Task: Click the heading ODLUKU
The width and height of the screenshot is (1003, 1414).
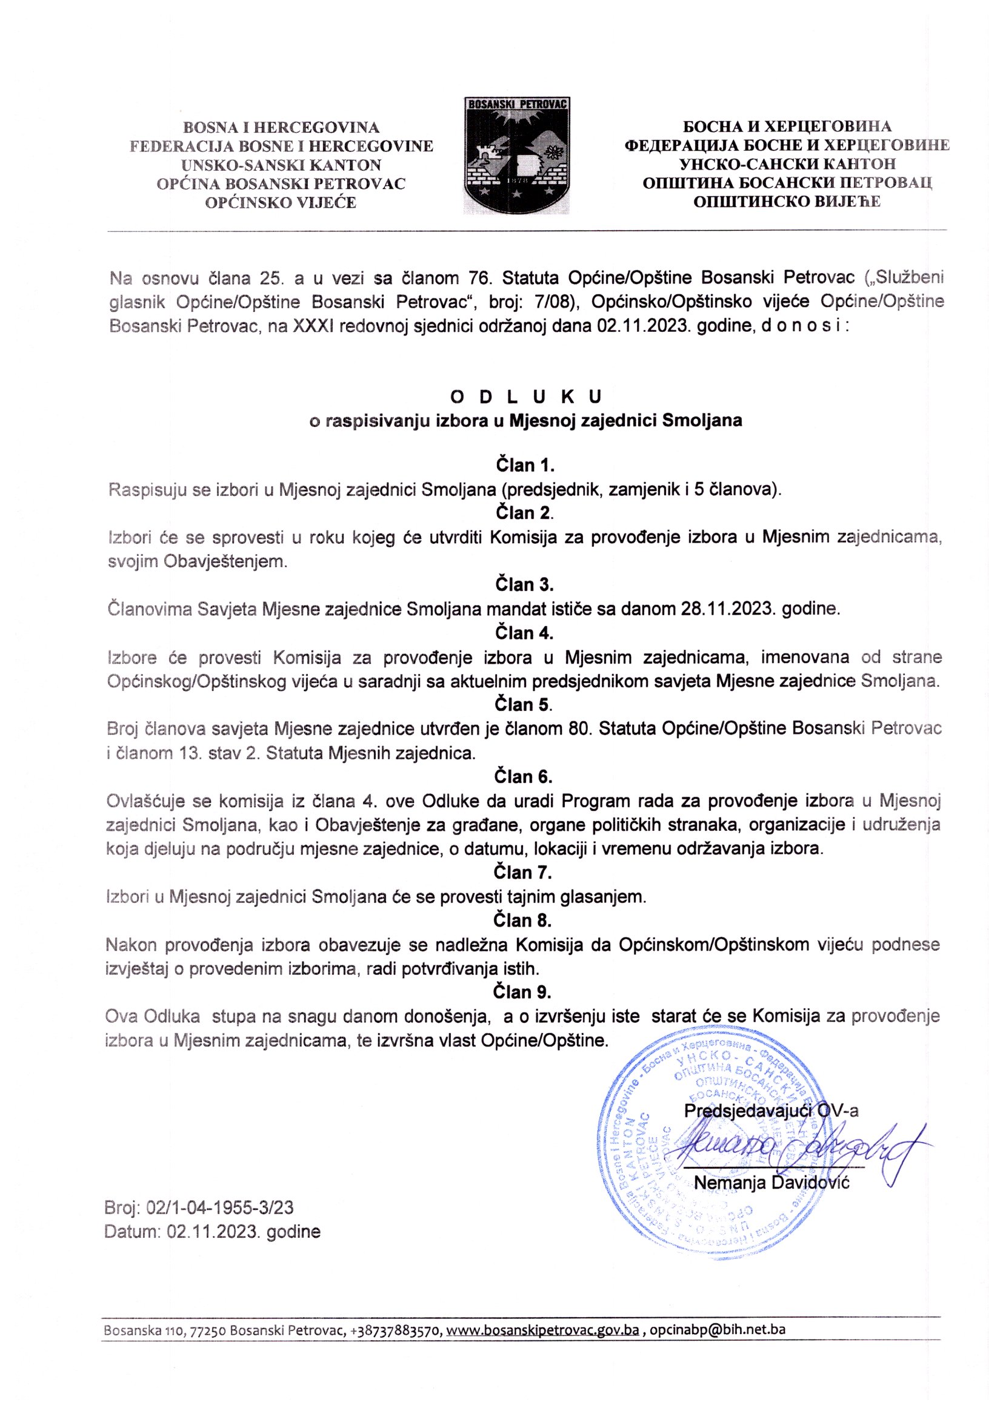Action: [x=526, y=396]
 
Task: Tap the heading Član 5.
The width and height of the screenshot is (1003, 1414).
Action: [x=524, y=704]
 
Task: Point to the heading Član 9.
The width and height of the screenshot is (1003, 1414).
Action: [x=522, y=991]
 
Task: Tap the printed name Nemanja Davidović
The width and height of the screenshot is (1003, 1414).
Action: [x=772, y=1182]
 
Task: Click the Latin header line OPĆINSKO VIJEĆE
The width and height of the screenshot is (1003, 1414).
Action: [x=281, y=202]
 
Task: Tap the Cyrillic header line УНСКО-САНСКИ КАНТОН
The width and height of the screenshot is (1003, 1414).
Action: [x=787, y=164]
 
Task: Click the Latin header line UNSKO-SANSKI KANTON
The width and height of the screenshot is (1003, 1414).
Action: [x=281, y=165]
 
